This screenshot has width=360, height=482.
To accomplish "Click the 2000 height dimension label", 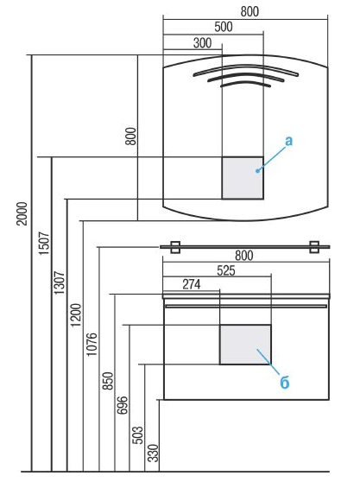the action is pos(22,213).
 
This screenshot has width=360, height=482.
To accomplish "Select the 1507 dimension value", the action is pos(44,243).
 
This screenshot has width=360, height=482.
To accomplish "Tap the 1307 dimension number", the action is pos(60,282).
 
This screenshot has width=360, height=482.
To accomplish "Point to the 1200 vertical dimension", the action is pos(76,315).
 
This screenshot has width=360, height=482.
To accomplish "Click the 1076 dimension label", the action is pos(92,345).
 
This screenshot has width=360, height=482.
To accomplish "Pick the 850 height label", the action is pos(108,381).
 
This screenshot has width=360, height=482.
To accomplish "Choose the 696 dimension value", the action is pos(123,405).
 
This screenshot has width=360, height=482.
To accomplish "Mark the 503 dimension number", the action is pos(137,435).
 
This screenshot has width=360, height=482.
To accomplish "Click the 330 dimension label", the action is pos(153,453).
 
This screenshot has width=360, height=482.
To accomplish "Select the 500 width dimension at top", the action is pos(224,27).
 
